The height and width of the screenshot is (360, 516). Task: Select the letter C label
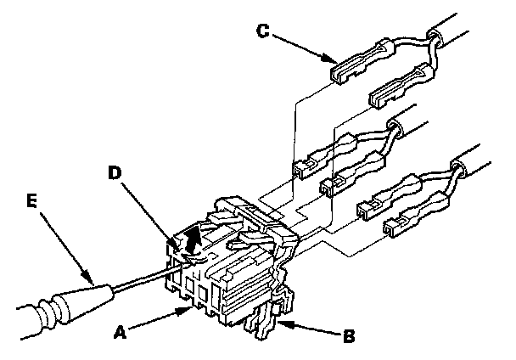265,31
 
